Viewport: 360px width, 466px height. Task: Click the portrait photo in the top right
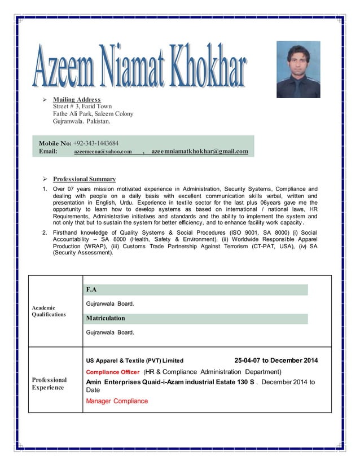coord(298,69)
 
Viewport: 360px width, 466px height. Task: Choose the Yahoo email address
coord(103,152)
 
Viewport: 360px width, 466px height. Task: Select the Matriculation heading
coord(106,318)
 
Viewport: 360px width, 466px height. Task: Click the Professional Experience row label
coord(49,384)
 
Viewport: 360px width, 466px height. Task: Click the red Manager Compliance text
coord(117,401)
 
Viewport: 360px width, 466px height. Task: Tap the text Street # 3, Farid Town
coord(82,106)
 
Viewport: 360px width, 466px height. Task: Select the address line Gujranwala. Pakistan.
coord(82,121)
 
